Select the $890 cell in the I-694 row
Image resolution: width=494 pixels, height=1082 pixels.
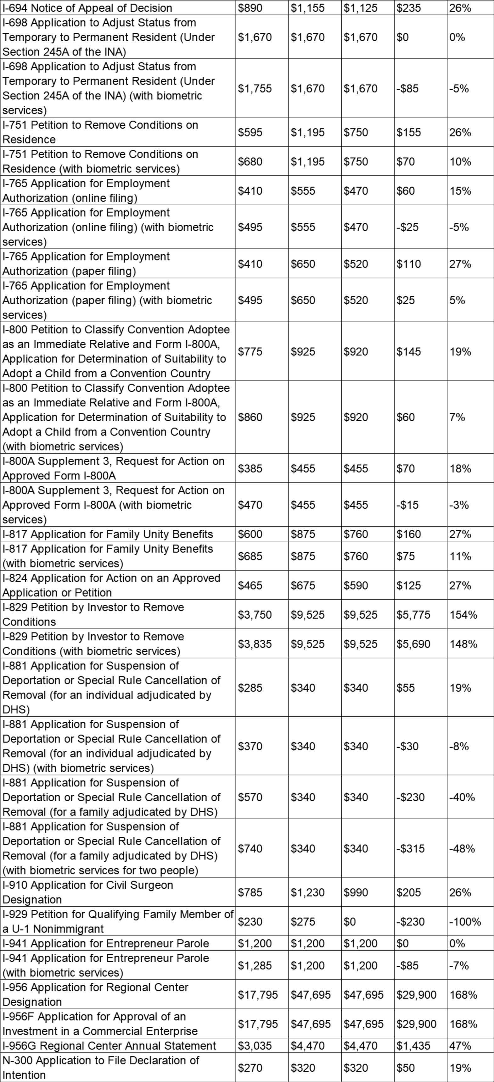(250, 8)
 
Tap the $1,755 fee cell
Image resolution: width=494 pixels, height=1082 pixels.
(255, 89)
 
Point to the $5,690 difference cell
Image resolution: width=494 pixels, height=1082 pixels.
(413, 644)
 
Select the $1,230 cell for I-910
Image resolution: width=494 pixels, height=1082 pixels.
(308, 892)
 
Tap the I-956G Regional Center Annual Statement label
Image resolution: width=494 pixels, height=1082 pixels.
(109, 1046)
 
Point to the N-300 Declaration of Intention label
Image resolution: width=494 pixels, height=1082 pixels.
(101, 1067)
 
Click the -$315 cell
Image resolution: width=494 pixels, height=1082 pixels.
(410, 848)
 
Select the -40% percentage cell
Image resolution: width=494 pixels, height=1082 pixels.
(462, 797)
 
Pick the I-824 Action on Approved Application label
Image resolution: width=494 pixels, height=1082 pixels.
(111, 585)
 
